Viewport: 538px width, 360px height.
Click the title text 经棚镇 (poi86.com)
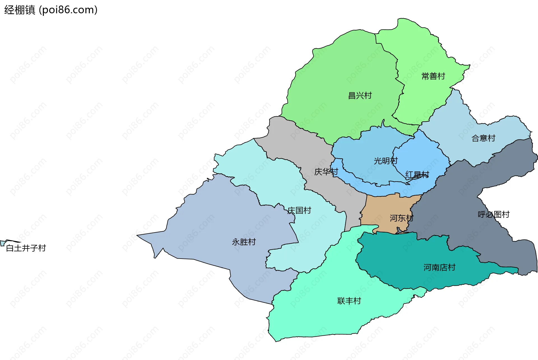click(x=51, y=10)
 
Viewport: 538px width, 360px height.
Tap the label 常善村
click(x=433, y=76)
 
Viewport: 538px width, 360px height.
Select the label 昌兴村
click(x=360, y=96)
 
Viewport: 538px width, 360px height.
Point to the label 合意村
click(x=483, y=138)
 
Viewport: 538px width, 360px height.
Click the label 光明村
click(x=386, y=161)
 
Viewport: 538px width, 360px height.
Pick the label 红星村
click(x=417, y=175)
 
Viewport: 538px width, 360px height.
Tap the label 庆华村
click(x=326, y=172)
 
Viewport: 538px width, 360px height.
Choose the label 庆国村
click(x=299, y=210)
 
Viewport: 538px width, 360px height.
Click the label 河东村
click(x=401, y=218)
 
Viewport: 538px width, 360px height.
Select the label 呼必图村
click(x=493, y=215)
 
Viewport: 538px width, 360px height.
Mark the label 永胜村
click(x=244, y=242)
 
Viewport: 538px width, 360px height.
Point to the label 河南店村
click(x=439, y=268)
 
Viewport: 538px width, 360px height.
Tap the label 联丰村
click(x=349, y=301)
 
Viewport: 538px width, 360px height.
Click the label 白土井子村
click(x=26, y=248)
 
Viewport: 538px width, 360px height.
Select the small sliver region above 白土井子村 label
click(x=3, y=243)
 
